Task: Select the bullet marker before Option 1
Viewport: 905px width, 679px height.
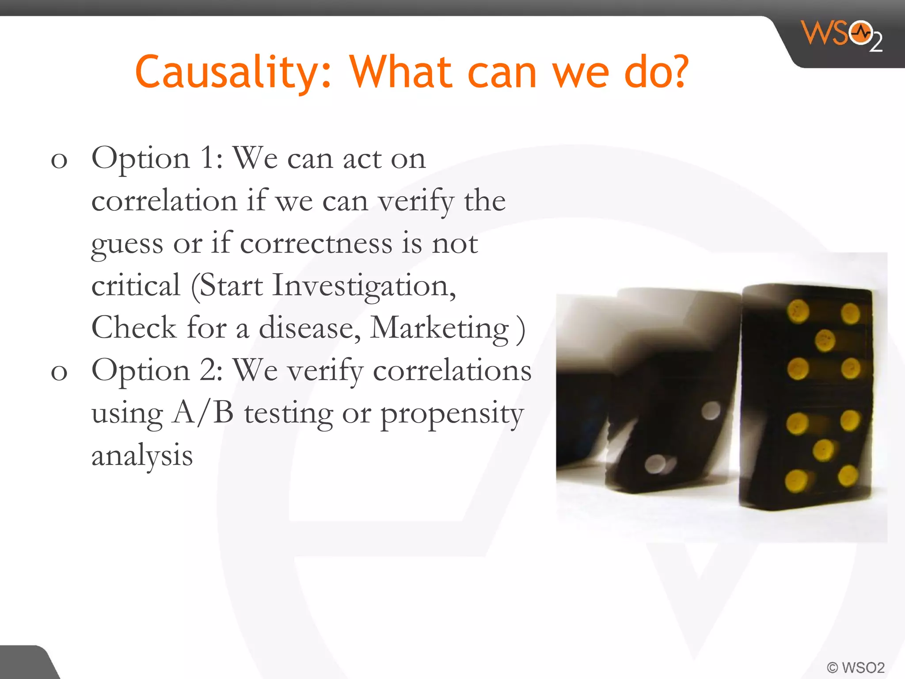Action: click(59, 160)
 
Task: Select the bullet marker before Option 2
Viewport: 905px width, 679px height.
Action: click(59, 372)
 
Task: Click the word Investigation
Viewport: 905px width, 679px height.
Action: click(364, 286)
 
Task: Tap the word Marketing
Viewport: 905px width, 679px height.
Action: click(439, 328)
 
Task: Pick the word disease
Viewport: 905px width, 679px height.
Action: click(310, 328)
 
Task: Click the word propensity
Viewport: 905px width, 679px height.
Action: click(452, 414)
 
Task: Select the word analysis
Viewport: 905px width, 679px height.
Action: click(142, 456)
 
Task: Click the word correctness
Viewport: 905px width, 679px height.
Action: click(316, 244)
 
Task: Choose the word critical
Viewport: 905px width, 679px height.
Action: click(136, 286)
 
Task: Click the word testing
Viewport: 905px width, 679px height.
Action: click(289, 414)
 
